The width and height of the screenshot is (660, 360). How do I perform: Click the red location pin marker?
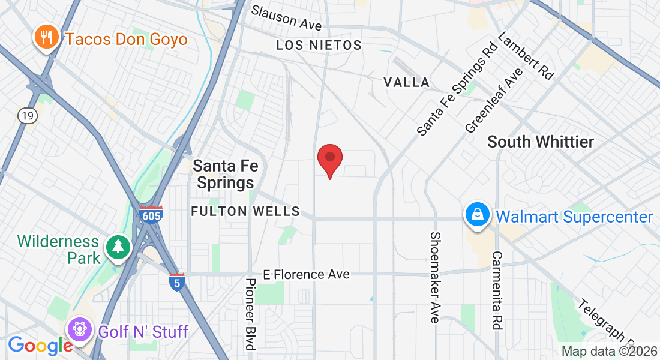point(329,158)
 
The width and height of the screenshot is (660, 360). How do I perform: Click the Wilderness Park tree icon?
point(118,246)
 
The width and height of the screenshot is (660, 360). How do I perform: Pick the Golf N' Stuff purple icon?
point(79,329)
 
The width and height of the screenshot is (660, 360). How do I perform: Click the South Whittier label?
point(540,142)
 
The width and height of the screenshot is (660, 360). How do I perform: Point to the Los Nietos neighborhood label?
point(319,46)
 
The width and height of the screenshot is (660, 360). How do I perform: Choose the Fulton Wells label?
point(245,211)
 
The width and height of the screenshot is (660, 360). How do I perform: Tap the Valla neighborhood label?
point(407,82)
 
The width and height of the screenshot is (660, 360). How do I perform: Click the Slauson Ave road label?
point(286,18)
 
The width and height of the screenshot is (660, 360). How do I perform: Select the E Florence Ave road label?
point(307,274)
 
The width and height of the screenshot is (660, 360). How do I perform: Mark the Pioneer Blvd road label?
point(251,313)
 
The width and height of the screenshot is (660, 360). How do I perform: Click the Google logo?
point(40,345)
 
